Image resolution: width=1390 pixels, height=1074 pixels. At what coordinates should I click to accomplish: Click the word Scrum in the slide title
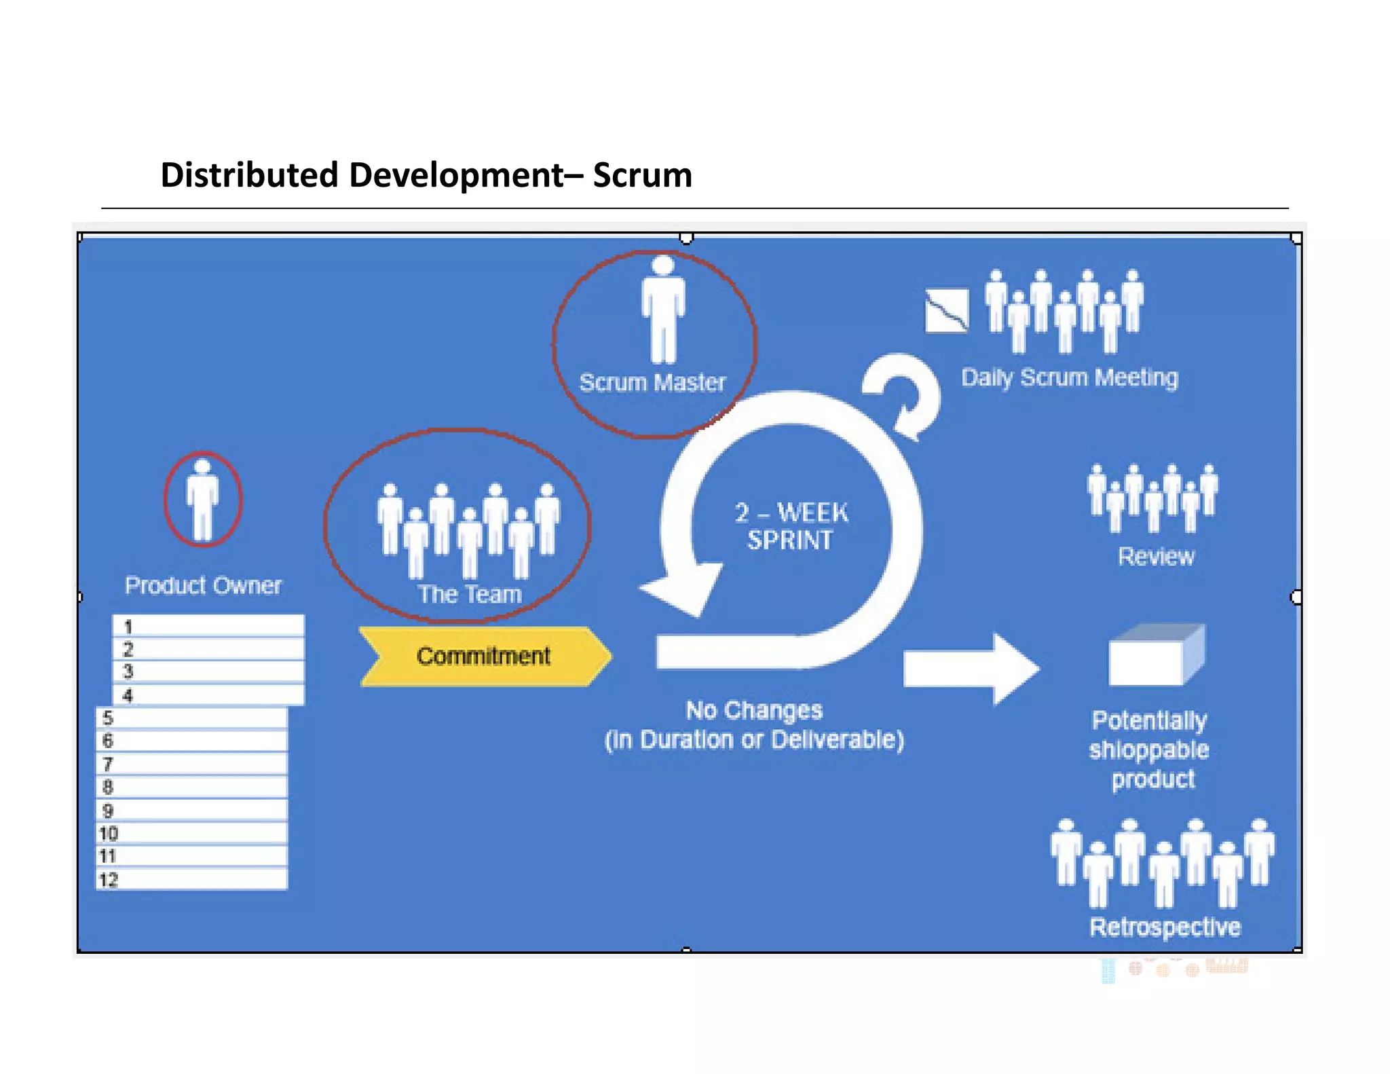[642, 175]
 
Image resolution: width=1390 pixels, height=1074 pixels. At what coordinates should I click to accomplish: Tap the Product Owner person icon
[202, 500]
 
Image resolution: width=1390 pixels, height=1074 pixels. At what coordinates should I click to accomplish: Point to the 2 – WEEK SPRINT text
[791, 526]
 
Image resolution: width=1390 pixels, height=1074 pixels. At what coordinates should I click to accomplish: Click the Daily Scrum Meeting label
[1069, 377]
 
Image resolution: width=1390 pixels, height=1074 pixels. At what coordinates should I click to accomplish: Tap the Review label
[1156, 557]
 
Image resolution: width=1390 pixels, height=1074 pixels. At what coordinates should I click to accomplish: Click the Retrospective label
[1165, 927]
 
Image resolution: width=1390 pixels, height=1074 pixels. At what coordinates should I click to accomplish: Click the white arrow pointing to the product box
[971, 668]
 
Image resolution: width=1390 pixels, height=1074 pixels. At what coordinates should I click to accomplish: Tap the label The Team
[470, 594]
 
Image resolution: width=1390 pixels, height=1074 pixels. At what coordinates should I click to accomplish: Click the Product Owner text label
[203, 585]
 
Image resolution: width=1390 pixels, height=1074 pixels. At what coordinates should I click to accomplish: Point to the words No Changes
[754, 710]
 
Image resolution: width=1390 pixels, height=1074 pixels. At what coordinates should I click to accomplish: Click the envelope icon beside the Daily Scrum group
[947, 311]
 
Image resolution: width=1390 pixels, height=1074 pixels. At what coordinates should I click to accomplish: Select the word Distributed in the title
[249, 175]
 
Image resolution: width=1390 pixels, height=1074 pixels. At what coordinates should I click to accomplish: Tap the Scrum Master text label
[652, 382]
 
